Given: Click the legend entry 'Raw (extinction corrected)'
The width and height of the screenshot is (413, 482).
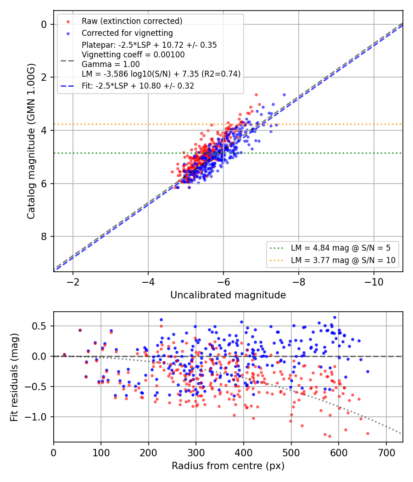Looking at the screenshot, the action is point(132,21).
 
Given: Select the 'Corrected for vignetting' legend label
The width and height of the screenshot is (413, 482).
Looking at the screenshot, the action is point(127,33).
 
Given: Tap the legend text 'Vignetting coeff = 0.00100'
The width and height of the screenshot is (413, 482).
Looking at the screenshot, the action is point(133,55).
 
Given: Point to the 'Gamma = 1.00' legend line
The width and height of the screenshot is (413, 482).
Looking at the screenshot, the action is point(111,64).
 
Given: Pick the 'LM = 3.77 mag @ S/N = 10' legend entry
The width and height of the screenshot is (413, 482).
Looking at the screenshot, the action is point(343,260).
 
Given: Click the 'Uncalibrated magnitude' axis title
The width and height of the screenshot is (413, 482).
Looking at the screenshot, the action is point(228,295).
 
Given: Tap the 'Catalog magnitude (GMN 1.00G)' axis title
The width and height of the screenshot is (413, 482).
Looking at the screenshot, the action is point(31,141).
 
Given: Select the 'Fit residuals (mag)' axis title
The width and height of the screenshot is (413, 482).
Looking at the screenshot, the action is point(14,377).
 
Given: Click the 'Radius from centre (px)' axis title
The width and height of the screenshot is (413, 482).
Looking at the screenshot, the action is point(228,466).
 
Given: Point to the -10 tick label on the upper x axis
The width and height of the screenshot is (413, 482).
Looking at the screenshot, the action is point(374,282).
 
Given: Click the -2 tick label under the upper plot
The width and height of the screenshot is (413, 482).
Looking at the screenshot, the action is point(73,282).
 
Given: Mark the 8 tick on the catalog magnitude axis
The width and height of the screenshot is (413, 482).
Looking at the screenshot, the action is point(44,236).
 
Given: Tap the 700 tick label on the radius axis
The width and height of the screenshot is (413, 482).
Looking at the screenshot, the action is point(386,453).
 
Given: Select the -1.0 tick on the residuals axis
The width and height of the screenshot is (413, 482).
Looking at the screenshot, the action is point(36,417).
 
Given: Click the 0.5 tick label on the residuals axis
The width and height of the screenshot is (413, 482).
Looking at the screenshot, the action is point(39,326).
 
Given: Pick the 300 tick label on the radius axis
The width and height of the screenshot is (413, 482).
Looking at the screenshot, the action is point(196,453).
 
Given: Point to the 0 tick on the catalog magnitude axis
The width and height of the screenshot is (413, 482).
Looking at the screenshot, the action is point(44,24).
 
